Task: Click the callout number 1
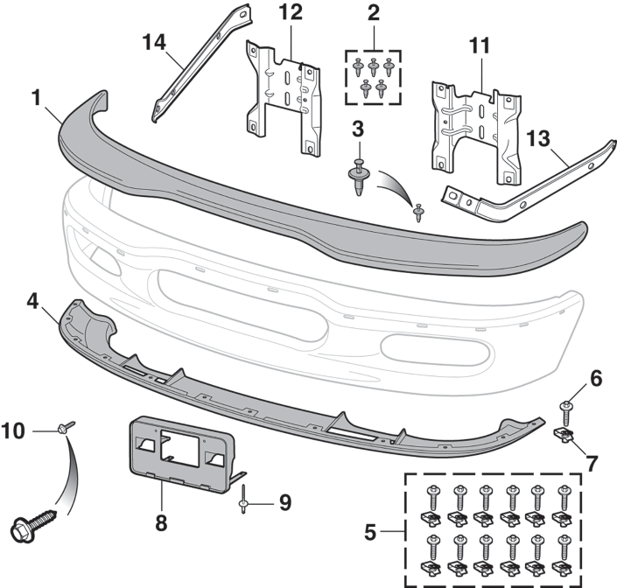[x=37, y=98]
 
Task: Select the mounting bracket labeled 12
[x=281, y=96]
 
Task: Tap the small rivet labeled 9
[x=245, y=503]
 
